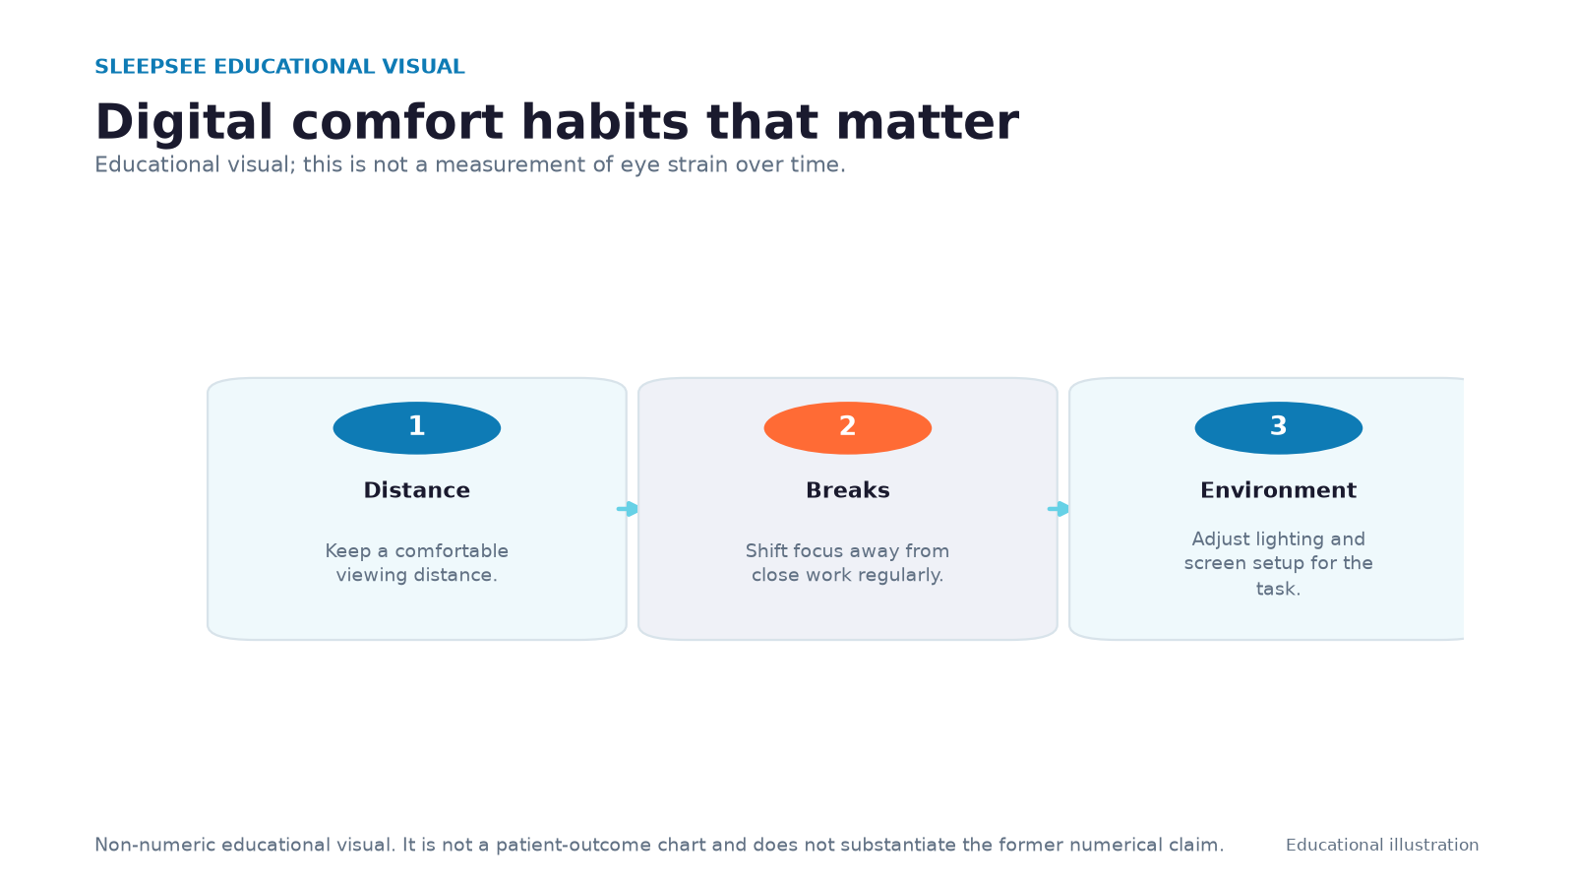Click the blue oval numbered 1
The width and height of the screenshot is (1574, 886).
click(417, 427)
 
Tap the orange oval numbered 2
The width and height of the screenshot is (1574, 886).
click(847, 427)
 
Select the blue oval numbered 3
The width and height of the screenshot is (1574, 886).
click(1278, 427)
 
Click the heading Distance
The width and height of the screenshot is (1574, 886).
click(417, 490)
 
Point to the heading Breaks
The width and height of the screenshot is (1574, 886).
click(847, 490)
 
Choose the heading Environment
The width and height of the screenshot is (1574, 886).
click(1278, 490)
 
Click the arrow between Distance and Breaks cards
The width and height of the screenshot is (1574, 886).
click(628, 508)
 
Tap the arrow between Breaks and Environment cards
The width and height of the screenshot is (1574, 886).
click(1059, 508)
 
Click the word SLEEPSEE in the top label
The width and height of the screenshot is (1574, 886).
click(151, 67)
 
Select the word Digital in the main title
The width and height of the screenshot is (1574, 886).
click(183, 123)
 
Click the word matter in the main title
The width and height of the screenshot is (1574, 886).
click(928, 122)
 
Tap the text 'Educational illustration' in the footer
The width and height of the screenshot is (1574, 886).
click(1382, 846)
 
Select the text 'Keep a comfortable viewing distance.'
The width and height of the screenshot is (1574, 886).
click(417, 562)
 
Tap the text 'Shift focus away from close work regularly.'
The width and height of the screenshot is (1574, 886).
click(847, 562)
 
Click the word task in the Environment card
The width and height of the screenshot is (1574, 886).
click(1275, 589)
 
